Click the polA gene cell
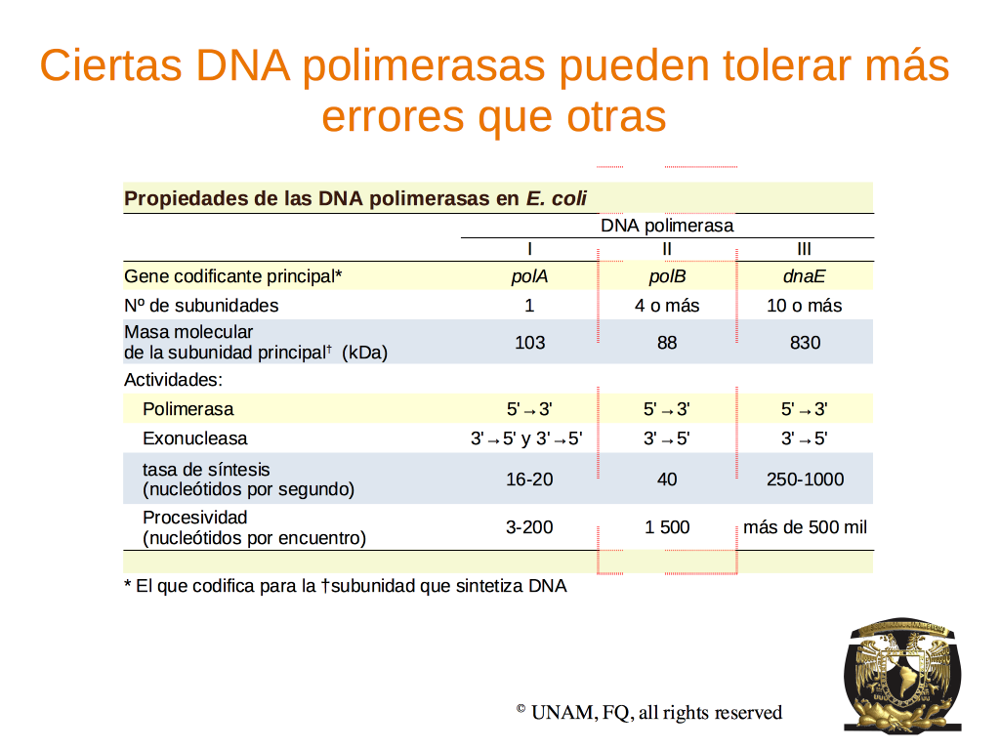tap(529, 276)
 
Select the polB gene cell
tap(667, 276)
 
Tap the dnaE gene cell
tap(805, 276)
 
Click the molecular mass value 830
tap(805, 343)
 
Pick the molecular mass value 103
tap(530, 343)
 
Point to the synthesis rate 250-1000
tap(805, 479)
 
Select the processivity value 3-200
tap(529, 527)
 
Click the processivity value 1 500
tap(667, 527)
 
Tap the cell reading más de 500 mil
tap(805, 527)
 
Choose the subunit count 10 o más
tap(805, 306)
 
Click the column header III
tap(805, 249)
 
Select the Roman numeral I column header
tap(529, 249)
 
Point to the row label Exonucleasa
tap(195, 438)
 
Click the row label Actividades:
tap(174, 380)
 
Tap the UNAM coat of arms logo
tap(901, 675)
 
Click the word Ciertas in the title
tap(111, 65)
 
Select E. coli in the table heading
tap(556, 198)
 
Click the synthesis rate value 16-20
tap(529, 479)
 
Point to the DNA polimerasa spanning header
tap(667, 226)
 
